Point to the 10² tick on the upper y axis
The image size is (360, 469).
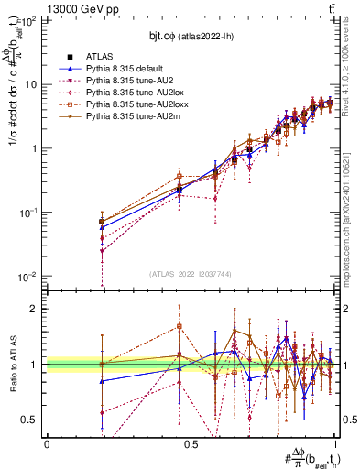click(x=28, y=20)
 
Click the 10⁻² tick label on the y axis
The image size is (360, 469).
click(x=27, y=277)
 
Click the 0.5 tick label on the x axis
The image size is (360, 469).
click(x=191, y=443)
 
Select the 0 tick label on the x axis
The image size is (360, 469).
click(x=47, y=443)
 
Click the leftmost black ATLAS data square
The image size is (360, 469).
click(x=101, y=222)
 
